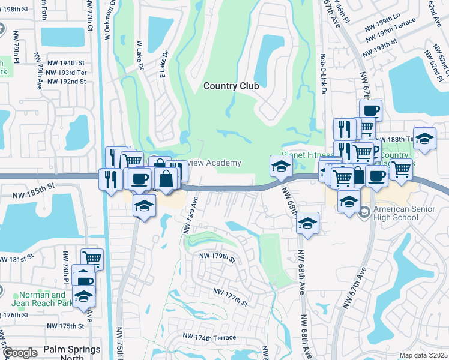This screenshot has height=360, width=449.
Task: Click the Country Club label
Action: (x=231, y=86)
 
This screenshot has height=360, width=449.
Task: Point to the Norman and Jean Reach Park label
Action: (x=42, y=299)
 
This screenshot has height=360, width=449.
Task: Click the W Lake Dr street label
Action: (x=140, y=54)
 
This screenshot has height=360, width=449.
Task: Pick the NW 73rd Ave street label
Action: (x=190, y=214)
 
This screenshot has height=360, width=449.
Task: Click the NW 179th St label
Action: (x=217, y=257)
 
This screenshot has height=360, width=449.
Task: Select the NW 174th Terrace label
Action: (x=209, y=338)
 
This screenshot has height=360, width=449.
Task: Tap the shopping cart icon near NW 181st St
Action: (x=92, y=259)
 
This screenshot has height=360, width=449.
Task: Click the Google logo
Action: (x=20, y=353)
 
